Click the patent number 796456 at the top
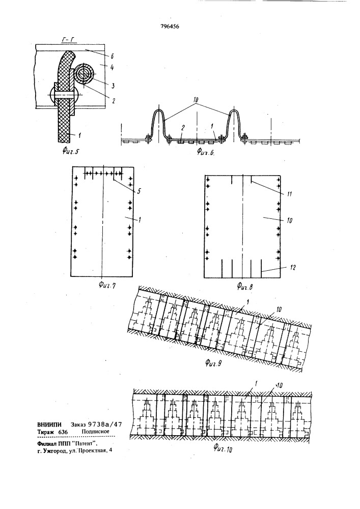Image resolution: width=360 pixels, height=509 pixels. pos(170,26)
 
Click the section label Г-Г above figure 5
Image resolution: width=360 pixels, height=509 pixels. pos(68,40)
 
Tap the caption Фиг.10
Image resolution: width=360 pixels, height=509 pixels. pos(223,448)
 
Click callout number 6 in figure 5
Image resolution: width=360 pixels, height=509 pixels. pos(112,56)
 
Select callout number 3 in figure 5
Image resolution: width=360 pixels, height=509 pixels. pos(113,86)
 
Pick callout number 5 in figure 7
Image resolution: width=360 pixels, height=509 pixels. pos(139,191)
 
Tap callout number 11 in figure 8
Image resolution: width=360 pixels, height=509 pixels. pos(290,194)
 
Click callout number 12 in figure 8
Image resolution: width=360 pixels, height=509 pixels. pos(293,268)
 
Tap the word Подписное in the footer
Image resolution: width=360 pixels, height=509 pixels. pos(95,432)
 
